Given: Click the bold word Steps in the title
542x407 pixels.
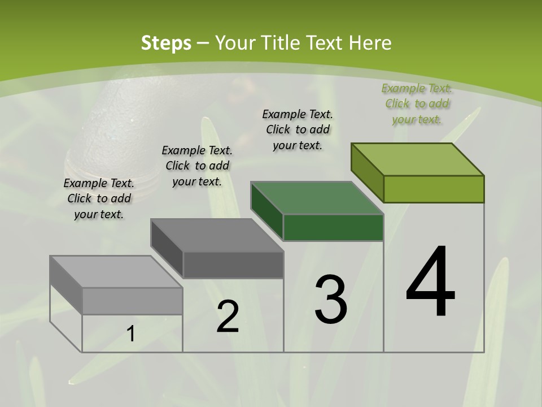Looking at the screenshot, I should tap(165, 42).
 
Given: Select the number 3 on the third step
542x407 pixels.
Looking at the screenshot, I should tap(330, 300).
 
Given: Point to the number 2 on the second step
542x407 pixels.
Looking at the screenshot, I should tap(228, 317).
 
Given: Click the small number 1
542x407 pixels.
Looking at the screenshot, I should tap(130, 334).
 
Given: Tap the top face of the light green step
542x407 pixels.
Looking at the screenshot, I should tap(418, 159).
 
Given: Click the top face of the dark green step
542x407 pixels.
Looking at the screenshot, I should tap(317, 198).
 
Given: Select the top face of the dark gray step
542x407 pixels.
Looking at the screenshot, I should tap(217, 235).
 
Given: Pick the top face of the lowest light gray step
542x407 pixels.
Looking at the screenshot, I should tap(116, 272).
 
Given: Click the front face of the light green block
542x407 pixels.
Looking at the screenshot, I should tap(434, 189).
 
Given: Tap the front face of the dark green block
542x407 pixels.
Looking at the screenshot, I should tap(333, 227).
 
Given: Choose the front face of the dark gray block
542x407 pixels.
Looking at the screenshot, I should tap(233, 265).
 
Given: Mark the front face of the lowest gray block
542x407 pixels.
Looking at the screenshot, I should tap(132, 301).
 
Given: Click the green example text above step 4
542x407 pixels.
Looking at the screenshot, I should tap(417, 103).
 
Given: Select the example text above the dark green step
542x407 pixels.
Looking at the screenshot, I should tap(298, 129).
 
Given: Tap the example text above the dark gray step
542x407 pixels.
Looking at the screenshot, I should tap(197, 166).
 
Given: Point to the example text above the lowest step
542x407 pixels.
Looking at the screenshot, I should tap(99, 198).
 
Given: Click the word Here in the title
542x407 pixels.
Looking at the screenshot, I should tap(370, 42).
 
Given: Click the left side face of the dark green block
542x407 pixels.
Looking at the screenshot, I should tap(267, 210).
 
